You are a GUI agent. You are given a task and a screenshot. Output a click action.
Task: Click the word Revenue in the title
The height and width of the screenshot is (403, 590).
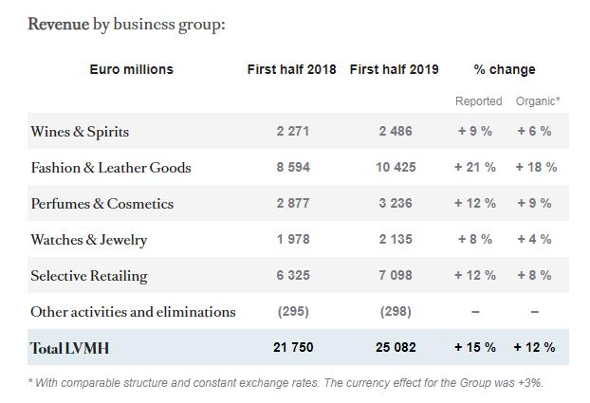click(x=58, y=25)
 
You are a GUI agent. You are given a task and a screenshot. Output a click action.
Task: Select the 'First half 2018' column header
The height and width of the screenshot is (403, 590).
click(x=292, y=69)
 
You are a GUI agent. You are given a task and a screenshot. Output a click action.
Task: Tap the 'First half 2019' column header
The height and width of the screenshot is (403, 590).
click(x=395, y=69)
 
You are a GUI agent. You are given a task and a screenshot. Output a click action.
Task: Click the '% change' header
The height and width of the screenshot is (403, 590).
click(x=505, y=69)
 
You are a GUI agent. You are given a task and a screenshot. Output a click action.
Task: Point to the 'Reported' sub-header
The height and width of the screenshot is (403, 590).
click(x=479, y=101)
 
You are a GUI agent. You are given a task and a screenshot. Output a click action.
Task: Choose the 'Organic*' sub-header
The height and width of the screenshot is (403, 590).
click(x=538, y=101)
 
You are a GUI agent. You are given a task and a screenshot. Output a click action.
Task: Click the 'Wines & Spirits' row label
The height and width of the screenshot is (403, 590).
click(x=80, y=132)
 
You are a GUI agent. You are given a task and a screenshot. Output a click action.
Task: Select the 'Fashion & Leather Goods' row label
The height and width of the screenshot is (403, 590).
click(x=111, y=168)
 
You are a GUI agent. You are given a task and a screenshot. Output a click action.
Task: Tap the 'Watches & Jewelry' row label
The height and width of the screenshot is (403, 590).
click(x=89, y=240)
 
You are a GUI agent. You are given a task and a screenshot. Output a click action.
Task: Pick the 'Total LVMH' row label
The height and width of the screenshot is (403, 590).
click(x=69, y=348)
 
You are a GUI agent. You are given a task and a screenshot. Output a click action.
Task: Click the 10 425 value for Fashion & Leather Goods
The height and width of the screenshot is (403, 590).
click(x=396, y=168)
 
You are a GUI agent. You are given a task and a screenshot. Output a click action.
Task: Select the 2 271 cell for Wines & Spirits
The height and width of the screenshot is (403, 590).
click(x=293, y=132)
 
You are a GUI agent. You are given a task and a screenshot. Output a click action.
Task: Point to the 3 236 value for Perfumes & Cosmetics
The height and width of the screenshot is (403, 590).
click(x=396, y=204)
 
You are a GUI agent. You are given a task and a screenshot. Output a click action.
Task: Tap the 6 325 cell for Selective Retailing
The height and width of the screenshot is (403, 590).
click(x=293, y=276)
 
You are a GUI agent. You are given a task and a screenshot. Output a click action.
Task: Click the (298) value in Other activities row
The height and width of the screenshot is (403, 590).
click(x=396, y=312)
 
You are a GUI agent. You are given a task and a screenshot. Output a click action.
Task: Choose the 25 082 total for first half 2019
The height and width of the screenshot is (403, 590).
click(x=396, y=348)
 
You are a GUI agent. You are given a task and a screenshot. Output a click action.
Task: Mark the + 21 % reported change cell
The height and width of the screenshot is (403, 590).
click(x=475, y=168)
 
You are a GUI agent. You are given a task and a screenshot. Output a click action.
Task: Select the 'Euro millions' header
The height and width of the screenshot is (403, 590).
click(x=132, y=69)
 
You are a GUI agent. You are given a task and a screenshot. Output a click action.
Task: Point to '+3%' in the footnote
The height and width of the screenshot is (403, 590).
click(x=529, y=383)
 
